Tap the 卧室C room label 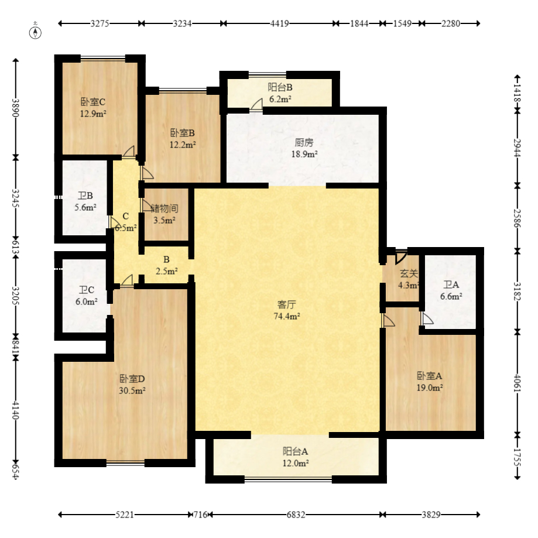click(x=92, y=101)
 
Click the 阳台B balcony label click(x=280, y=87)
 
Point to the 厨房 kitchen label click(x=304, y=142)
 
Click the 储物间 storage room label click(x=165, y=208)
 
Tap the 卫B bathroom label click(x=85, y=196)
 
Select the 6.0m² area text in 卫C click(x=85, y=301)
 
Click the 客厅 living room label click(x=287, y=304)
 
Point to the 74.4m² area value click(x=287, y=316)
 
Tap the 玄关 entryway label click(x=409, y=273)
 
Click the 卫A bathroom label click(x=451, y=285)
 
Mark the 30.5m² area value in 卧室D click(x=132, y=390)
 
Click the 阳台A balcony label click(x=296, y=451)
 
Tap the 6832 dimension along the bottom click(x=296, y=515)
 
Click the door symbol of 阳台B click(x=256, y=105)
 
